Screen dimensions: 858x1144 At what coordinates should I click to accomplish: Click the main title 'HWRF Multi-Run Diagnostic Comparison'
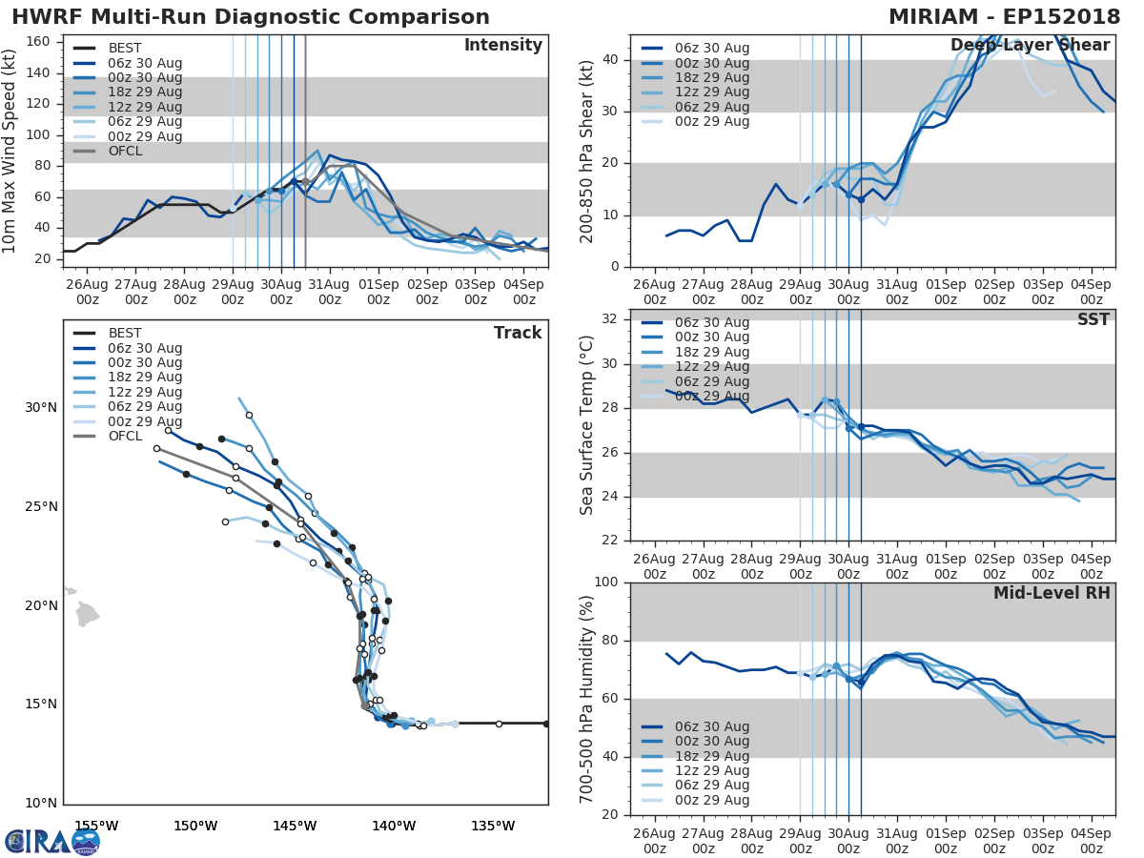[x=251, y=17]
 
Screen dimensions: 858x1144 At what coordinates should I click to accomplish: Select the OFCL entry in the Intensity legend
[x=124, y=152]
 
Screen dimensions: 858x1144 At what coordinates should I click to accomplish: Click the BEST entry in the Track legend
[x=124, y=333]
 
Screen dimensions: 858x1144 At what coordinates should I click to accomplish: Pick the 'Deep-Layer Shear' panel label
[x=1030, y=46]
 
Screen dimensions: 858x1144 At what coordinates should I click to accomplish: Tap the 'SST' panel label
[x=1093, y=319]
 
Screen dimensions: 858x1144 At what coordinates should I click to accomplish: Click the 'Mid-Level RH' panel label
[x=1052, y=593]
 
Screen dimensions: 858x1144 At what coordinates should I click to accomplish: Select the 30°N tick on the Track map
[x=41, y=408]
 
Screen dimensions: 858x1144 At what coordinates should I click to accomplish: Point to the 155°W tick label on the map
[x=96, y=826]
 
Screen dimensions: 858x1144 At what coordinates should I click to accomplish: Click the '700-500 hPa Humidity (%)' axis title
[x=587, y=699]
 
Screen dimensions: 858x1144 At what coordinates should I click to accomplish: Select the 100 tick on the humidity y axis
[x=610, y=582]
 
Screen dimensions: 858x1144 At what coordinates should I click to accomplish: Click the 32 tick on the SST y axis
[x=614, y=319]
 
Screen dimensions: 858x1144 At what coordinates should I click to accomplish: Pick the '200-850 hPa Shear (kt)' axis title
[x=587, y=151]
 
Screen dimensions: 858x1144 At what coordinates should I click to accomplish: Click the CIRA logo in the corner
[x=52, y=841]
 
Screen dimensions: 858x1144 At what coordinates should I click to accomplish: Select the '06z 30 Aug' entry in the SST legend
[x=711, y=322]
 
